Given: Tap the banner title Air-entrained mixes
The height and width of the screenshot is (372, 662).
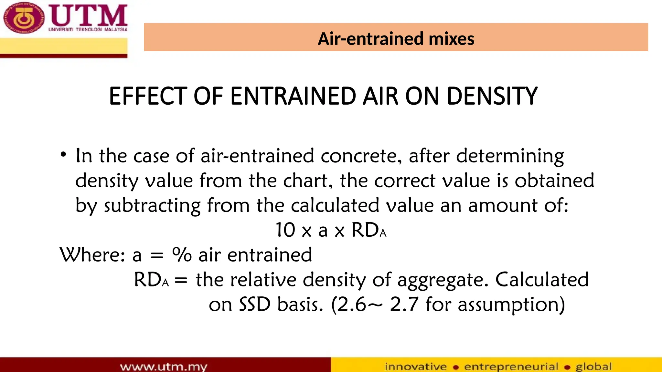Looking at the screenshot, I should (x=396, y=39).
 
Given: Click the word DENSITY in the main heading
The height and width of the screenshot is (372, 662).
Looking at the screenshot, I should (x=492, y=96).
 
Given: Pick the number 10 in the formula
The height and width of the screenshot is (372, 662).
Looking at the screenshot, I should (x=285, y=230).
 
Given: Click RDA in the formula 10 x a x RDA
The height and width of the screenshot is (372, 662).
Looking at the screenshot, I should (x=368, y=230).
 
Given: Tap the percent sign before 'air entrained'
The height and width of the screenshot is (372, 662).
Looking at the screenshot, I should (x=182, y=255).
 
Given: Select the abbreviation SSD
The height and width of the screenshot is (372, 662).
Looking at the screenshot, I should (x=254, y=305).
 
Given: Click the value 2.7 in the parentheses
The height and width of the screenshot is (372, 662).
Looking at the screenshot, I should (x=404, y=305).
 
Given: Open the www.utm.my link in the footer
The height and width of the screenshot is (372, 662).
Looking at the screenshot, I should (x=163, y=367).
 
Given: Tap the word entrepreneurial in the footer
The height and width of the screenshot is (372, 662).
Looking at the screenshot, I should (x=511, y=367).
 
